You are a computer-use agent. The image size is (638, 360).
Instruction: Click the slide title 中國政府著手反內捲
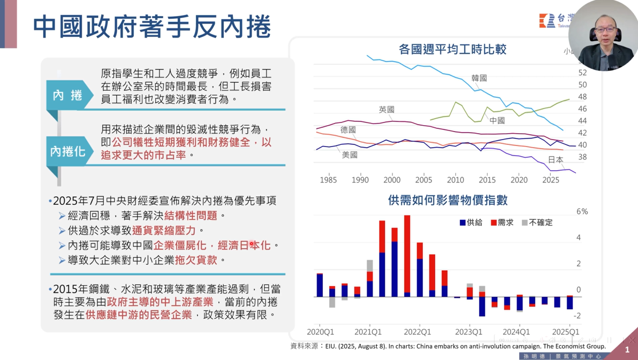point(152,27)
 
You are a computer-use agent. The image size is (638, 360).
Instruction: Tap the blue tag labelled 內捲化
point(67,151)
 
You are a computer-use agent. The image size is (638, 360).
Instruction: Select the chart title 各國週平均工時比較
point(452,50)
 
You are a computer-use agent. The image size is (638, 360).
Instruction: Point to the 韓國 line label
point(479,78)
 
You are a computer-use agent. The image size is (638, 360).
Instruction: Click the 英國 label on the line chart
point(386,110)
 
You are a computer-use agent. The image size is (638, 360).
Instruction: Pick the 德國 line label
point(348,130)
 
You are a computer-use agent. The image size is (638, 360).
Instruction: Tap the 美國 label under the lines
point(350,155)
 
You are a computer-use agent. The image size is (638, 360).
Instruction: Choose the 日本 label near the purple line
point(556,159)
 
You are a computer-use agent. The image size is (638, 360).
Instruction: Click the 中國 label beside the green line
point(497,120)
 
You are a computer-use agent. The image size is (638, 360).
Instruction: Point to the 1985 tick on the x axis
point(328,180)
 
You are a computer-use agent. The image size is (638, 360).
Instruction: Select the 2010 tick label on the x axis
point(455,180)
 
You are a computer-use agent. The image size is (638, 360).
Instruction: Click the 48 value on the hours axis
point(582,97)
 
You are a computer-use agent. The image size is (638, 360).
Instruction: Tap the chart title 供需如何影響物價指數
point(447,200)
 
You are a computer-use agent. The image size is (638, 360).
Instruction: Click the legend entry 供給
point(471,223)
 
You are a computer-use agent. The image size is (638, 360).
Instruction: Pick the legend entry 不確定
point(537,223)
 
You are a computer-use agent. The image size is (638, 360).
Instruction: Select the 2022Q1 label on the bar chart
point(418,332)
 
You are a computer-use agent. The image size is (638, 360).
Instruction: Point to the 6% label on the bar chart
point(581,212)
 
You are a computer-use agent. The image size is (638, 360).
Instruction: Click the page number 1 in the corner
point(627,350)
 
